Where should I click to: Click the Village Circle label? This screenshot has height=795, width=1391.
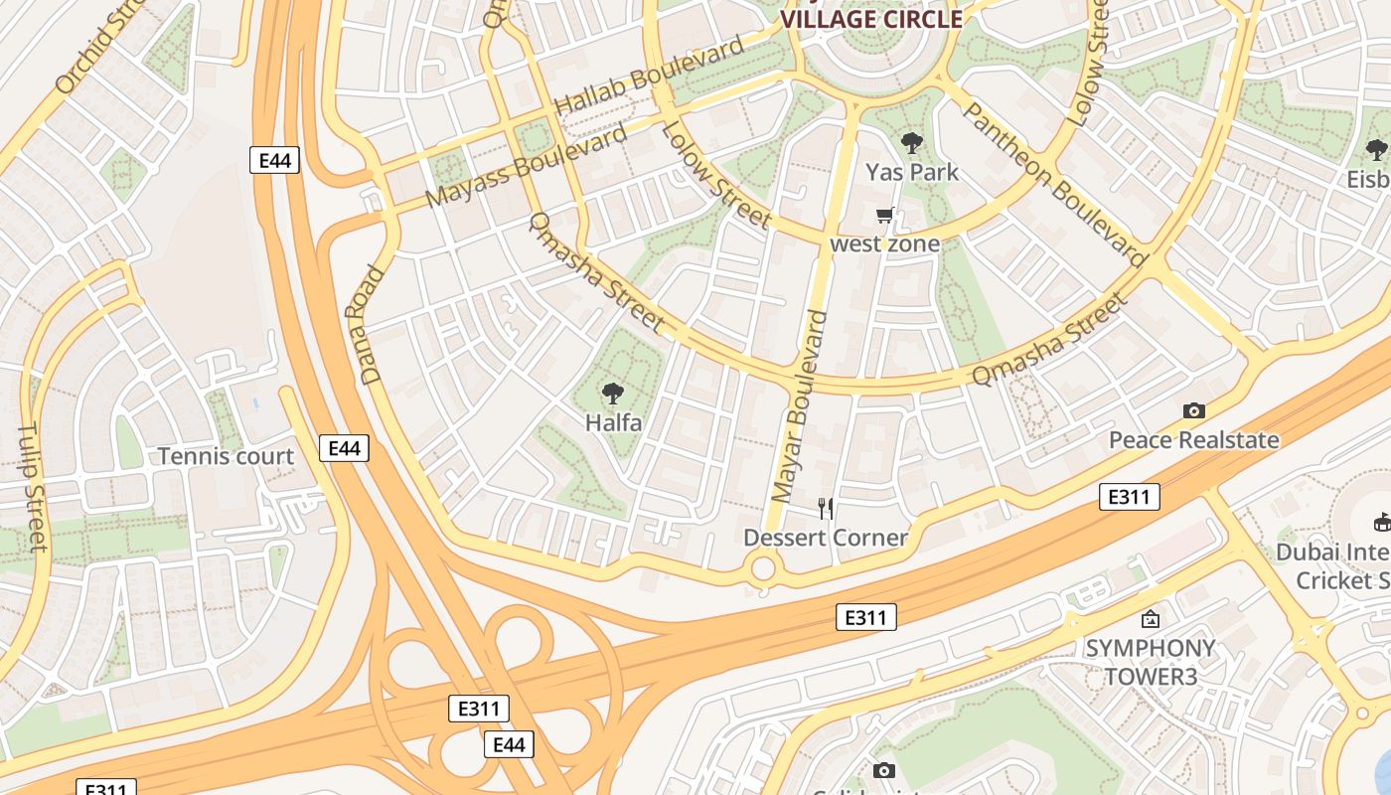click(871, 19)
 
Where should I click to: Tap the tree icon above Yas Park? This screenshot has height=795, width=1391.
click(911, 143)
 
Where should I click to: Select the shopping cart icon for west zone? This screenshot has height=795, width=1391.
click(885, 216)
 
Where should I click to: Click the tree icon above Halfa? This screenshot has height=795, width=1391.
click(613, 394)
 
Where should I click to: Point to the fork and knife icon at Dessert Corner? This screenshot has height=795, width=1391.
click(825, 509)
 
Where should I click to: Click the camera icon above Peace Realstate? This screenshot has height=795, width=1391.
click(1194, 410)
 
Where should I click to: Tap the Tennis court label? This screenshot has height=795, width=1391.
click(227, 457)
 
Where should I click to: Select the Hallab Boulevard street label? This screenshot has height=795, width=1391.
click(648, 76)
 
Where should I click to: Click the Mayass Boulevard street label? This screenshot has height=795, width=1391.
click(527, 165)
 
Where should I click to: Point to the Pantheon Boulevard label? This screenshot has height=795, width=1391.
click(1053, 184)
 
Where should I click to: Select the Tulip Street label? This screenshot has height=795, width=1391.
click(31, 487)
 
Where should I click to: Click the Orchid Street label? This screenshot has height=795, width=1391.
click(99, 50)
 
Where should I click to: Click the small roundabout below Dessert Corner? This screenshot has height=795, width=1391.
click(763, 569)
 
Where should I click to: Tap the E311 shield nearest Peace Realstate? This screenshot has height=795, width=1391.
click(1129, 496)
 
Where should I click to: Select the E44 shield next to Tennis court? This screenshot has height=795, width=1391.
click(344, 448)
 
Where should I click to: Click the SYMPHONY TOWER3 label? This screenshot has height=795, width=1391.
click(1150, 662)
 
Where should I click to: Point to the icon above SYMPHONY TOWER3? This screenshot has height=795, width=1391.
click(1150, 619)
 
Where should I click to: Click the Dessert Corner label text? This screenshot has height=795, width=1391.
click(825, 538)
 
